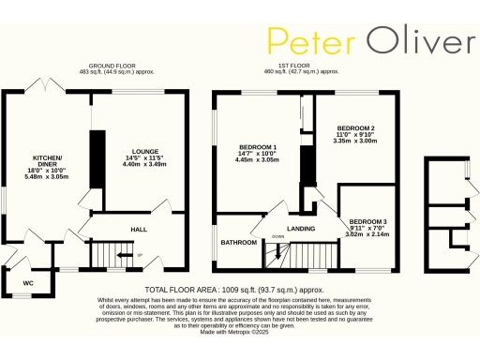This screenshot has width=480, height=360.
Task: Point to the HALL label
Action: (139, 227)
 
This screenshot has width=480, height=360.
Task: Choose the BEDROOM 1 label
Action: (258, 148)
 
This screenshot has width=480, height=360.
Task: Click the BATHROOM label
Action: (238, 243)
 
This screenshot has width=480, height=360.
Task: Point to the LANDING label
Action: (301, 228)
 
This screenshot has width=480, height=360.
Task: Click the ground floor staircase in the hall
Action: (112, 253)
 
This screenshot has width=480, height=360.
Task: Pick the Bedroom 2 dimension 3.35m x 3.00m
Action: (355, 141)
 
